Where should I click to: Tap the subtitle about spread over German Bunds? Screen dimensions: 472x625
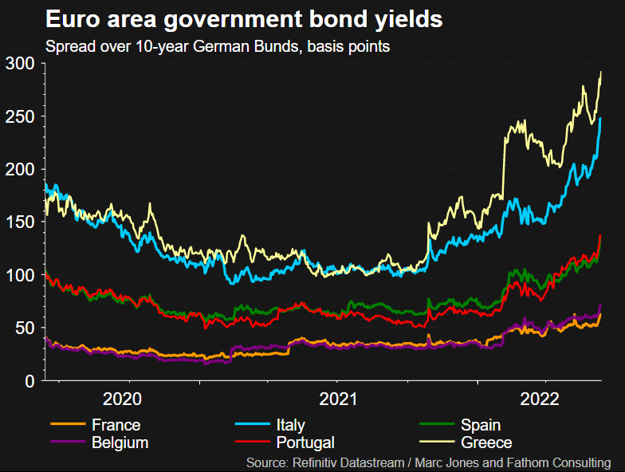(x=218, y=46)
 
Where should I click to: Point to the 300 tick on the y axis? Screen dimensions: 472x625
(x=20, y=64)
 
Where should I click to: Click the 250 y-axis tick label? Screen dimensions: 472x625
(x=20, y=116)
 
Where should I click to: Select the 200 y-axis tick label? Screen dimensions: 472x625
(x=20, y=169)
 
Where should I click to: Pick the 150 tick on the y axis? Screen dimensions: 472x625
(x=20, y=222)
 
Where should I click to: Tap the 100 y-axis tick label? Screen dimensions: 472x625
(x=20, y=275)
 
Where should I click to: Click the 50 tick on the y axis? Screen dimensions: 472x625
(x=24, y=328)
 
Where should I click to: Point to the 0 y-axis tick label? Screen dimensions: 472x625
(x=29, y=381)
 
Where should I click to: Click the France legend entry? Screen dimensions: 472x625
(x=116, y=426)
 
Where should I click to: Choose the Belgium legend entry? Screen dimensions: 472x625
(x=120, y=442)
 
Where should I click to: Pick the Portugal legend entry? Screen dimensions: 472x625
(x=305, y=442)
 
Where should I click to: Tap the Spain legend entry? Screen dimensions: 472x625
(x=480, y=426)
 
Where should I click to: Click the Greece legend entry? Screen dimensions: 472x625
(x=485, y=442)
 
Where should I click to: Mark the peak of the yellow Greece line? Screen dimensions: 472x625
(x=600, y=72)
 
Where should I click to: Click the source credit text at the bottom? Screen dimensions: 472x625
(x=429, y=462)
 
